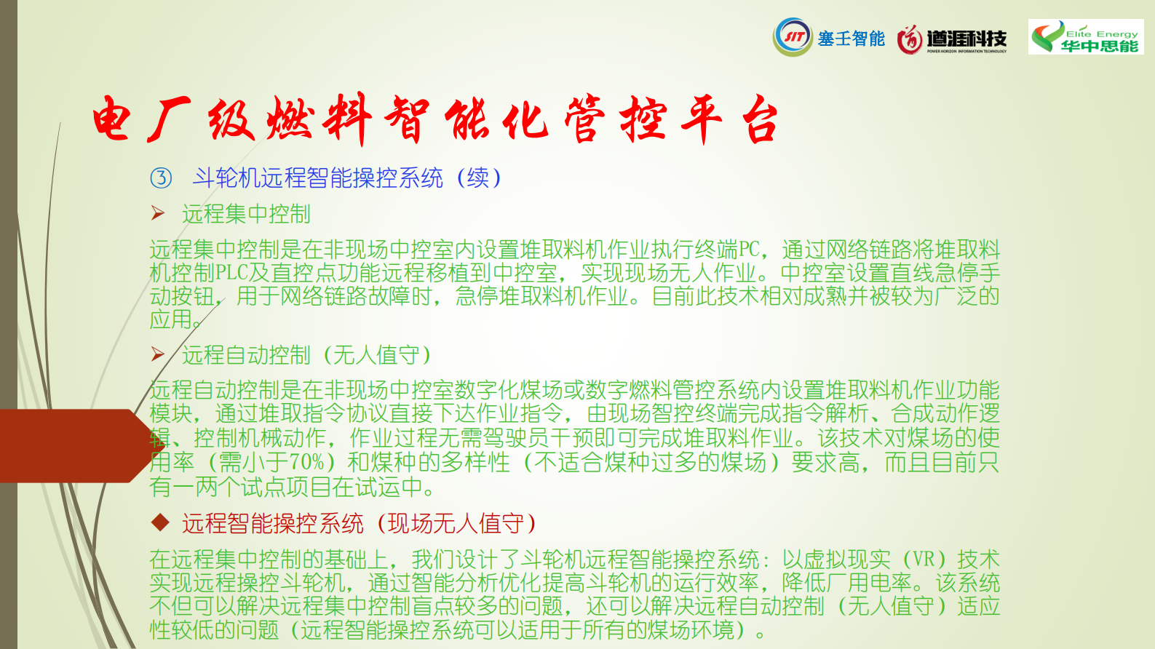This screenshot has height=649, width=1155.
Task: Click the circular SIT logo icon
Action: [x=793, y=36]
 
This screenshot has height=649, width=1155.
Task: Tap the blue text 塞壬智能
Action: [x=852, y=39]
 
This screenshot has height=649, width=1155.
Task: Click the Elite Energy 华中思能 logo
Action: [x=1085, y=36]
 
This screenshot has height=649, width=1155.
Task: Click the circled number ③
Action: [x=161, y=178]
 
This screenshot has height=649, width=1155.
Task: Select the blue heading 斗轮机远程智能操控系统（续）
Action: [x=346, y=178]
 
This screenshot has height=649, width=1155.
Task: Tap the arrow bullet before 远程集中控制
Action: [x=158, y=213]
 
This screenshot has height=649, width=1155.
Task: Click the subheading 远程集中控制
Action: [x=246, y=214]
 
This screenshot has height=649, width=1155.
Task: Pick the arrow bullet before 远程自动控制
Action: [x=158, y=354]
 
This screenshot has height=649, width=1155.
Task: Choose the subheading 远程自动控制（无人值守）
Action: [x=306, y=355]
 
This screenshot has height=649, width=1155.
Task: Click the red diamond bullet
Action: [x=160, y=522]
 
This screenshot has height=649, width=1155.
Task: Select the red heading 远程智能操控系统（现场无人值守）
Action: [x=359, y=523]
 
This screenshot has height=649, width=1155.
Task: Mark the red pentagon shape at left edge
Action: [x=77, y=446]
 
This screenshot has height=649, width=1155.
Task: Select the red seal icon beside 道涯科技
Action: [x=910, y=39]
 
